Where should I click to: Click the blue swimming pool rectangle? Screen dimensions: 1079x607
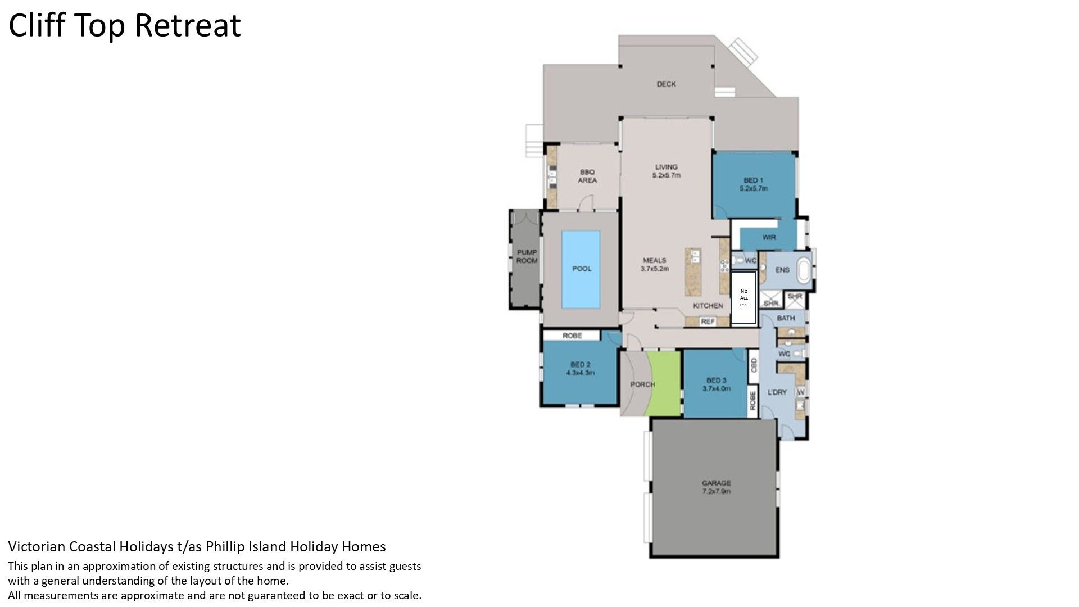click(581, 269)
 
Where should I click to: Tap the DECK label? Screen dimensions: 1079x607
click(667, 84)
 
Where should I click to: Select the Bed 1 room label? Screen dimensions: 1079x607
click(753, 184)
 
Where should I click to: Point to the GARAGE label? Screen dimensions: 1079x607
click(717, 487)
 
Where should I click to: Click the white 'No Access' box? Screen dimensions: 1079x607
click(744, 298)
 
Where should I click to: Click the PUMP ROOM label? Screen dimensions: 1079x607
click(527, 256)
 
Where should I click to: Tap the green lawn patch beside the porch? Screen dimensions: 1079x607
click(663, 383)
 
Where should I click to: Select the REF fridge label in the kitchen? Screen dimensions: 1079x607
click(708, 322)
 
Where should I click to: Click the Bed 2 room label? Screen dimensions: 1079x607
click(580, 368)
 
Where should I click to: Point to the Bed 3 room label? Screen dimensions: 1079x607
click(717, 384)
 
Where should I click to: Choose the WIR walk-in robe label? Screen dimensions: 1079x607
click(769, 238)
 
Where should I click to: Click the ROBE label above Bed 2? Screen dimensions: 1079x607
click(572, 336)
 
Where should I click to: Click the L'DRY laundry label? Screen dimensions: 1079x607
click(777, 392)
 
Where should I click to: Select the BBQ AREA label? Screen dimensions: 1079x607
click(587, 176)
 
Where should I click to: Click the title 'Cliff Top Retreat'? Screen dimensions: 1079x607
click(125, 26)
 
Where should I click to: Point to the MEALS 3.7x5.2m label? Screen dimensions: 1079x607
click(655, 264)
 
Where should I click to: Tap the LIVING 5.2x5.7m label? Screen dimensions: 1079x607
click(667, 171)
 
